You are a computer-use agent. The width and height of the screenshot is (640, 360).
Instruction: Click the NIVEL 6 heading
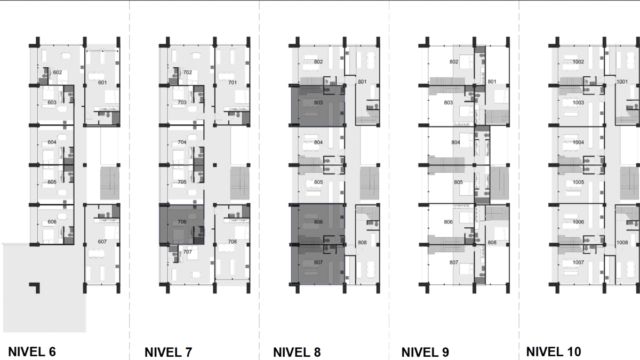click(32, 351)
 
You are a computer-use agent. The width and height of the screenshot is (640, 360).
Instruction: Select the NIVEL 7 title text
click(169, 352)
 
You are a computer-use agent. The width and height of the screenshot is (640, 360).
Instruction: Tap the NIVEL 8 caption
click(297, 352)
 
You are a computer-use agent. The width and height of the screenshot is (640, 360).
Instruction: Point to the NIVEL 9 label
click(425, 352)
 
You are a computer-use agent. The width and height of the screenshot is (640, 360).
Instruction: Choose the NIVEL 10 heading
click(554, 351)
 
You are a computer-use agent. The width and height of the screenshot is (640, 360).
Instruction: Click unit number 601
click(102, 82)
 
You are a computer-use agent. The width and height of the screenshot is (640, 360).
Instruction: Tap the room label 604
click(52, 142)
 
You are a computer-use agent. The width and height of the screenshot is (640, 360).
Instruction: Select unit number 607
click(102, 242)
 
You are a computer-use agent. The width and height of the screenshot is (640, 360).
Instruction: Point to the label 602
click(58, 72)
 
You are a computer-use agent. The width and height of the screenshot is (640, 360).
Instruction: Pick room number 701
click(233, 82)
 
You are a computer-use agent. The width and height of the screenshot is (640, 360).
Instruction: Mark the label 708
click(233, 242)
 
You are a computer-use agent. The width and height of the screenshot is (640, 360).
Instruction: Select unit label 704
click(182, 142)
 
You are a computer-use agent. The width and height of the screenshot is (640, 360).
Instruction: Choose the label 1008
click(622, 242)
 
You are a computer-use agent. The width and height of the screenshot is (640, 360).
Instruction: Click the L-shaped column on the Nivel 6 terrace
click(35, 287)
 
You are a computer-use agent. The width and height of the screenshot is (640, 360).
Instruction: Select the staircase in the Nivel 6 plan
click(110, 183)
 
